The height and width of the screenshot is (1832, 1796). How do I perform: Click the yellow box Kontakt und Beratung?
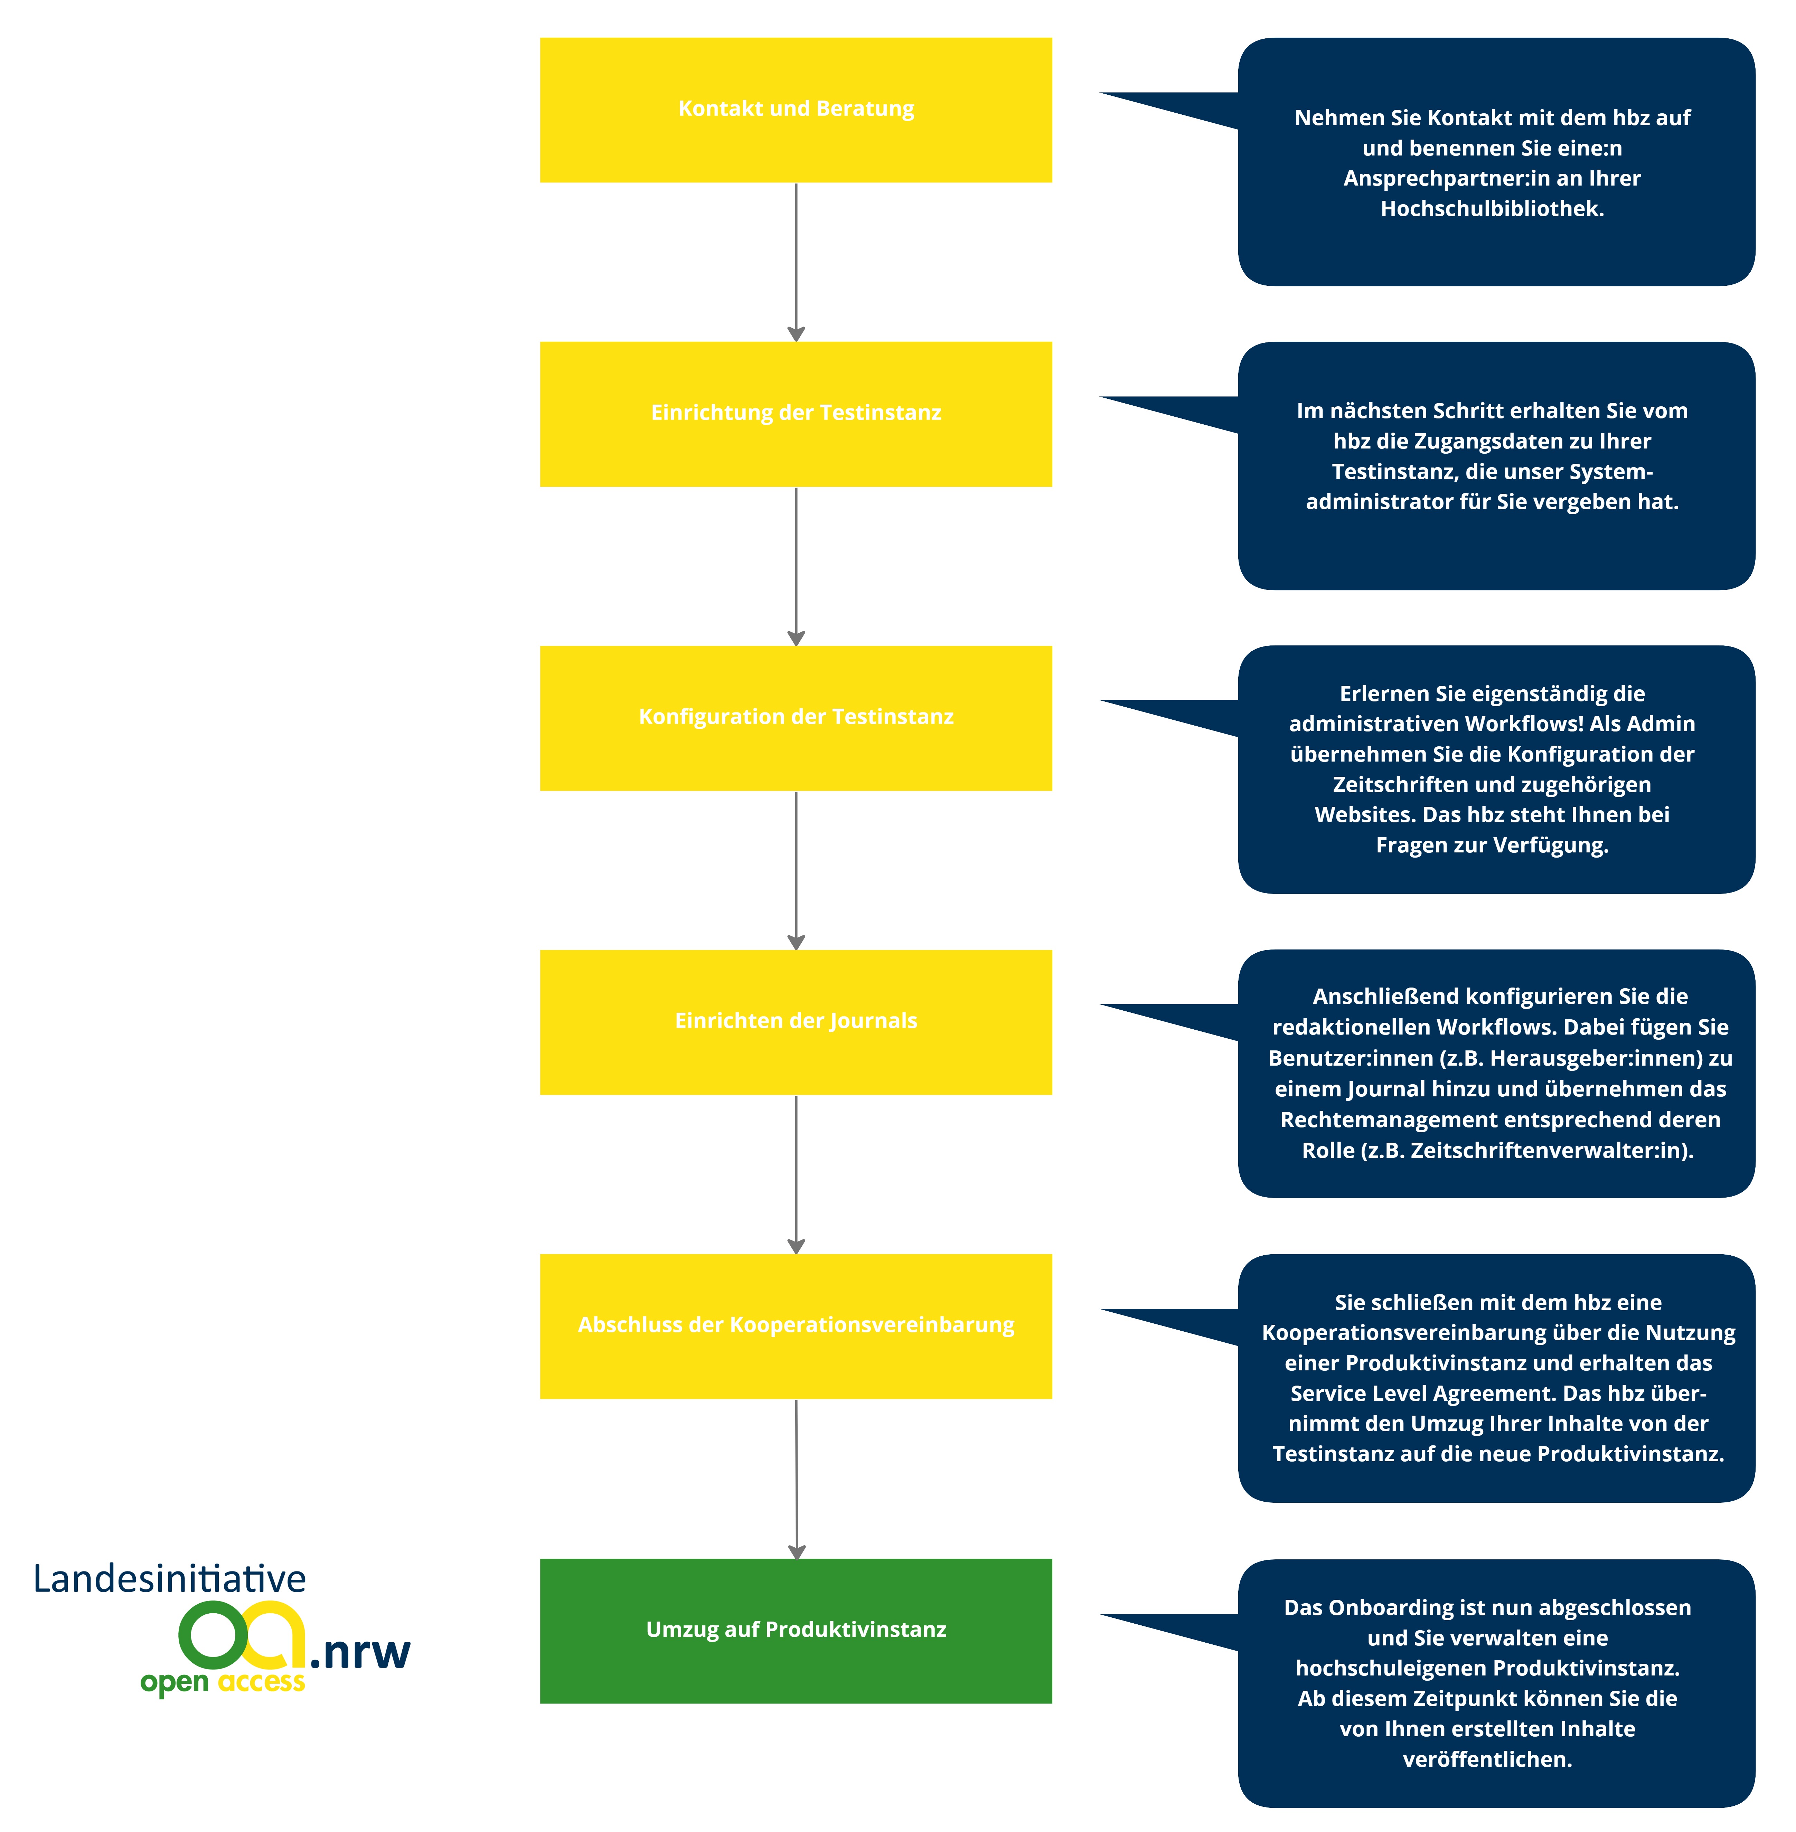click(795, 110)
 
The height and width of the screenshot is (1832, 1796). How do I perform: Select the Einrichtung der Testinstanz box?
click(795, 413)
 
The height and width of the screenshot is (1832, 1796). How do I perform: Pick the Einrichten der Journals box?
click(795, 1022)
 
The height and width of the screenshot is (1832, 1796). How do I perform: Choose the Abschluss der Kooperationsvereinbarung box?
click(795, 1325)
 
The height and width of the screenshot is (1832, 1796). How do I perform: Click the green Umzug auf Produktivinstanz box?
click(795, 1630)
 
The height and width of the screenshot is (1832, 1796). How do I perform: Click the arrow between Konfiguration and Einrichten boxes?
click(796, 870)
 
